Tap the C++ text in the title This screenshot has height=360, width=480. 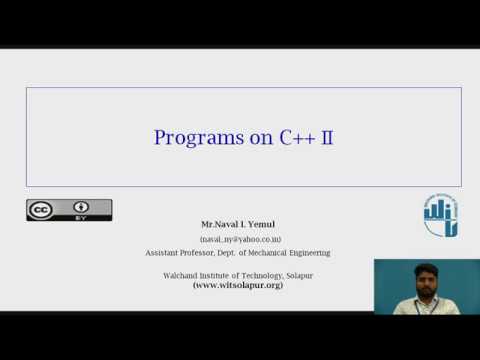point(297,137)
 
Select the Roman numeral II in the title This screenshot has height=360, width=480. point(326,137)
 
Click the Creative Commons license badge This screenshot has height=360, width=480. point(68,210)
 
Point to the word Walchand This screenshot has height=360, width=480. point(183,274)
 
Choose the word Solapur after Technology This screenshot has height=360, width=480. point(294,274)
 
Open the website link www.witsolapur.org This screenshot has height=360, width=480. point(238,285)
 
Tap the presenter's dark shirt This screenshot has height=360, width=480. point(418,302)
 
